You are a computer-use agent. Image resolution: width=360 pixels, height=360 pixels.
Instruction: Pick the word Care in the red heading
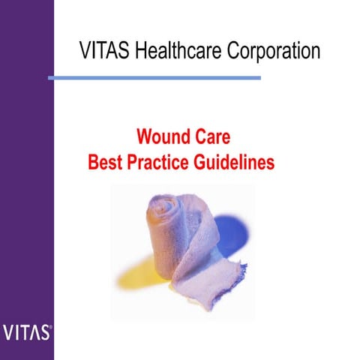[x=212, y=138]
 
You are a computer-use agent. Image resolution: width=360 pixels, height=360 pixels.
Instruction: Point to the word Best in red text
[x=104, y=161]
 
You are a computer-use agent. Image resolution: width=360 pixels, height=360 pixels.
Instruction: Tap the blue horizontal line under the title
[x=154, y=77]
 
